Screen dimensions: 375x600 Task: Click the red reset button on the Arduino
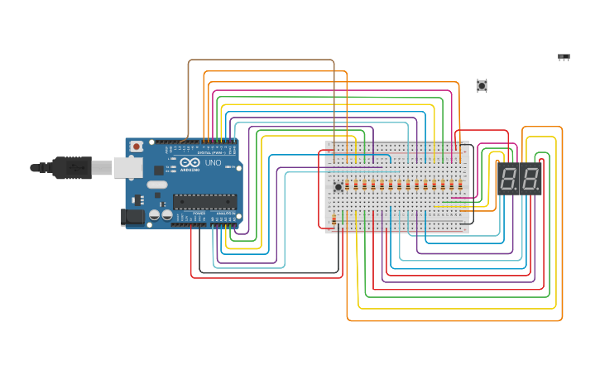[x=136, y=147]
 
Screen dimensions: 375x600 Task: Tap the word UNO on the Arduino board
[x=213, y=163]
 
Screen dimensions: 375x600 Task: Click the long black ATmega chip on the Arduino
[x=204, y=200]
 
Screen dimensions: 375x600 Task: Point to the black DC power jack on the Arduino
[x=132, y=217]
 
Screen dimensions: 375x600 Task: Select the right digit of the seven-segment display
[x=530, y=179]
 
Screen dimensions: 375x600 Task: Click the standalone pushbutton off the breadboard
[x=482, y=85]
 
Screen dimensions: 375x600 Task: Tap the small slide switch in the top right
[x=564, y=57]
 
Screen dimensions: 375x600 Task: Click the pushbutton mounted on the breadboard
[x=338, y=186]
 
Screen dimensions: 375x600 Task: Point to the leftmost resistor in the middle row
[x=347, y=186]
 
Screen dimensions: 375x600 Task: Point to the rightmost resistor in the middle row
[x=461, y=186]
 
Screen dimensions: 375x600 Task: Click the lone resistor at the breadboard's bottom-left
[x=334, y=219]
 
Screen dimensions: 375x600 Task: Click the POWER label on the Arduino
[x=199, y=214]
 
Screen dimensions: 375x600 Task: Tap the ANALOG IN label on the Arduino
[x=224, y=214]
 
